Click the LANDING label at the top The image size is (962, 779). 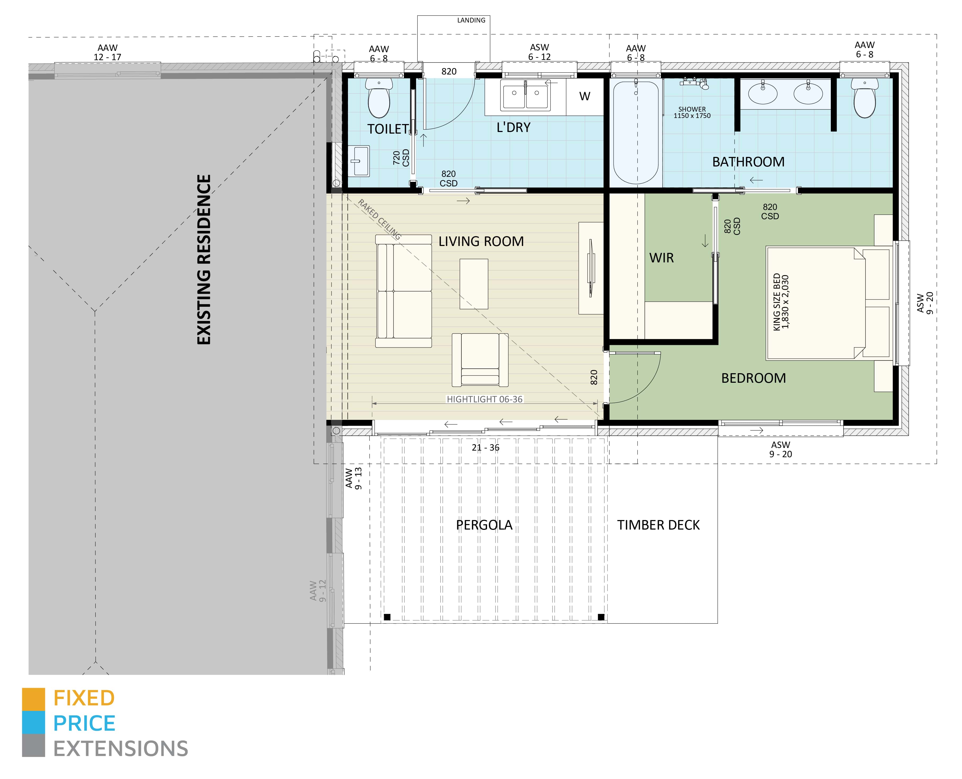point(471,20)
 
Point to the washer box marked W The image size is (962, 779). point(585,96)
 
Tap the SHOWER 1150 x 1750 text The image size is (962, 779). point(692,112)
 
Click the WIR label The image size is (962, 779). point(661,258)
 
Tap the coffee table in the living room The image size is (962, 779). point(474,284)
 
